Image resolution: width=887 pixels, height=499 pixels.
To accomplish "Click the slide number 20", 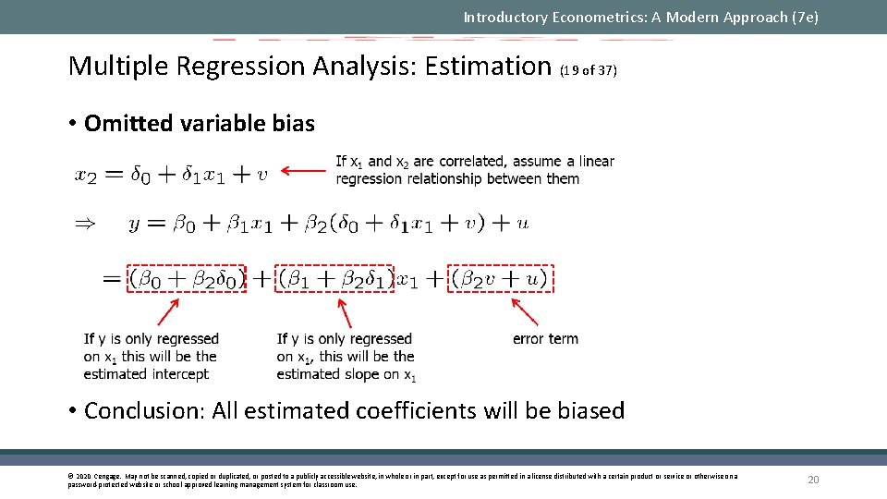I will point(813,480).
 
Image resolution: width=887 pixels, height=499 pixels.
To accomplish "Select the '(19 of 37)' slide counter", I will point(589,70).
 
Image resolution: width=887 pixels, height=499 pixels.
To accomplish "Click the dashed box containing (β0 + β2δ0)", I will point(188,278).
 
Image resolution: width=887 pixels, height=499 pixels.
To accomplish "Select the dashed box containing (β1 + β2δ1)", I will point(335,278).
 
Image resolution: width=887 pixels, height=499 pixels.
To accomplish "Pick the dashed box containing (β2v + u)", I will point(500,278).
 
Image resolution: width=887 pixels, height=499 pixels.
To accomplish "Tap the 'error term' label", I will point(545,339).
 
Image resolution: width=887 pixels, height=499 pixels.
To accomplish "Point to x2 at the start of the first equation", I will point(86,175).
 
